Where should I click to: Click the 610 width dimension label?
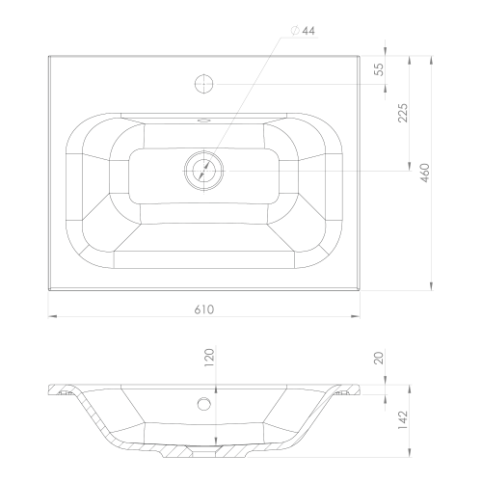[x=203, y=309]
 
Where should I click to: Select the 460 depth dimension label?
[x=425, y=173]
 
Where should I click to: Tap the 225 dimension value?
[x=403, y=113]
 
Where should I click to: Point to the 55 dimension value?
[x=380, y=69]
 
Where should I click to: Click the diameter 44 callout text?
[x=303, y=31]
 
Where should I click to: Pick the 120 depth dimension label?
[x=209, y=358]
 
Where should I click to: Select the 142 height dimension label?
[x=403, y=420]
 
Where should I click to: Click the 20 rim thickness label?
[x=380, y=358]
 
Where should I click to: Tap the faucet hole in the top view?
[x=204, y=84]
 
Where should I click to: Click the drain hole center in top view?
[x=204, y=171]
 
